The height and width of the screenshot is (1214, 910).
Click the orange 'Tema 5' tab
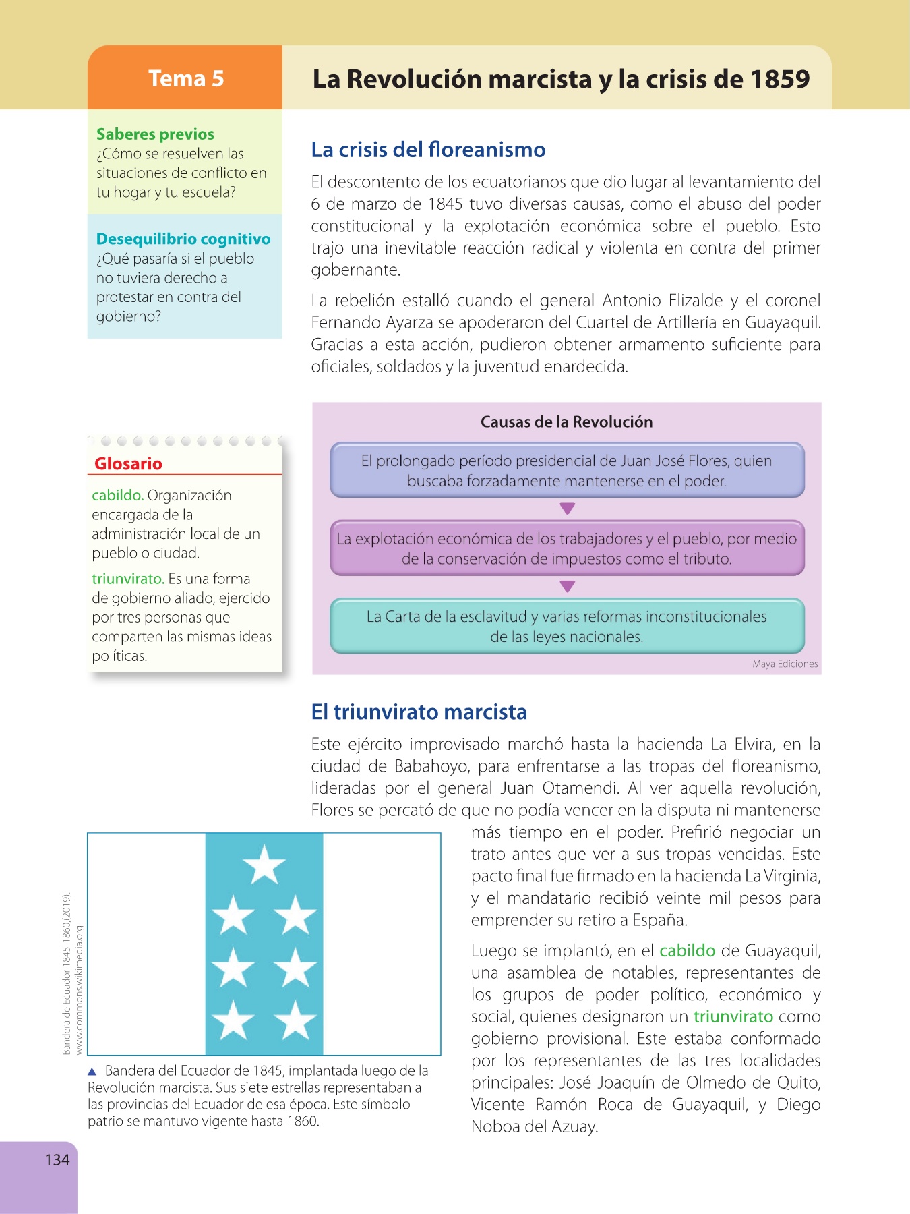[185, 78]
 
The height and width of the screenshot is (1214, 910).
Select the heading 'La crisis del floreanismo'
[428, 150]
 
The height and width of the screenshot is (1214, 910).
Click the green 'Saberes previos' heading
[155, 134]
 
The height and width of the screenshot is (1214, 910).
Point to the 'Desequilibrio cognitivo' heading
[183, 239]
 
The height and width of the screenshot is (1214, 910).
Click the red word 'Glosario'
[128, 464]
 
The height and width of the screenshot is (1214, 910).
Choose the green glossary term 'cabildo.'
[117, 496]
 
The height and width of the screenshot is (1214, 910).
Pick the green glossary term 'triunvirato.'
[128, 579]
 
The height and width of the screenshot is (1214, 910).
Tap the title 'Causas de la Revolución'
[566, 422]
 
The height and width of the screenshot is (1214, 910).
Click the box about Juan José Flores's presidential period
[567, 471]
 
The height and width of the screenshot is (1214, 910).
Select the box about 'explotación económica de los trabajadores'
[567, 548]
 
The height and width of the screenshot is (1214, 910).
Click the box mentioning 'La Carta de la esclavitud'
[567, 626]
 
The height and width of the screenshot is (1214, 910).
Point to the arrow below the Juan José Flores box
[568, 509]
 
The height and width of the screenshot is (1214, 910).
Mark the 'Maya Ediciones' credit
[785, 664]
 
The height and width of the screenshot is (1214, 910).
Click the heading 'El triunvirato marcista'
[419, 712]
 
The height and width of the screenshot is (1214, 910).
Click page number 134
[57, 1160]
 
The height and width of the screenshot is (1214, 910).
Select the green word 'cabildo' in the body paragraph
[687, 951]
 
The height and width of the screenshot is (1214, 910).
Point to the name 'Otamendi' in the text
[580, 788]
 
